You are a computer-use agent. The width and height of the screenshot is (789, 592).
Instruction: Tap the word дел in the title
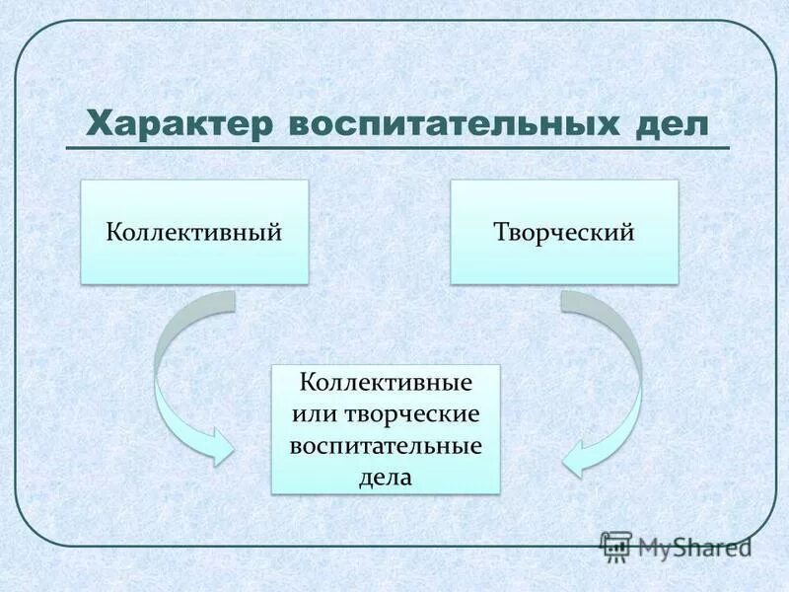[673, 125]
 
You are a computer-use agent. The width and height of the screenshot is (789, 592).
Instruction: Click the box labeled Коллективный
[193, 232]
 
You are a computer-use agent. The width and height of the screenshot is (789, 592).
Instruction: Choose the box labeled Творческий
[564, 232]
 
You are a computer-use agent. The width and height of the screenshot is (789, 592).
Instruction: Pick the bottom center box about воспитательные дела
[386, 429]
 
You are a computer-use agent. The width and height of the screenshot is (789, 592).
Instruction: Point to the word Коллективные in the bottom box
[386, 381]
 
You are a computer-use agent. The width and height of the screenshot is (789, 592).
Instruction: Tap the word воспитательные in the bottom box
[386, 445]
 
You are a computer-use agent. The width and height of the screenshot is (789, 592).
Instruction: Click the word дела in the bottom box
[386, 478]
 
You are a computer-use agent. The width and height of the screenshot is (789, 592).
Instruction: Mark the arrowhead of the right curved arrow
[578, 456]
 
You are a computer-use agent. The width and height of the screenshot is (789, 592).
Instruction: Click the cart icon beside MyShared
[616, 546]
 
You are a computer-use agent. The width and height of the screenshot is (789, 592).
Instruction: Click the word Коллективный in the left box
[193, 232]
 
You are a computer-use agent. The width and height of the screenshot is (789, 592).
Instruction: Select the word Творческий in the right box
[564, 232]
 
